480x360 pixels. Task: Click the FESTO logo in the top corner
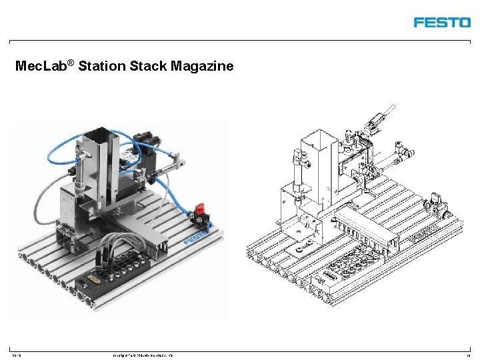(441, 23)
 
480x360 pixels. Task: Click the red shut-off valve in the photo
(198, 211)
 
